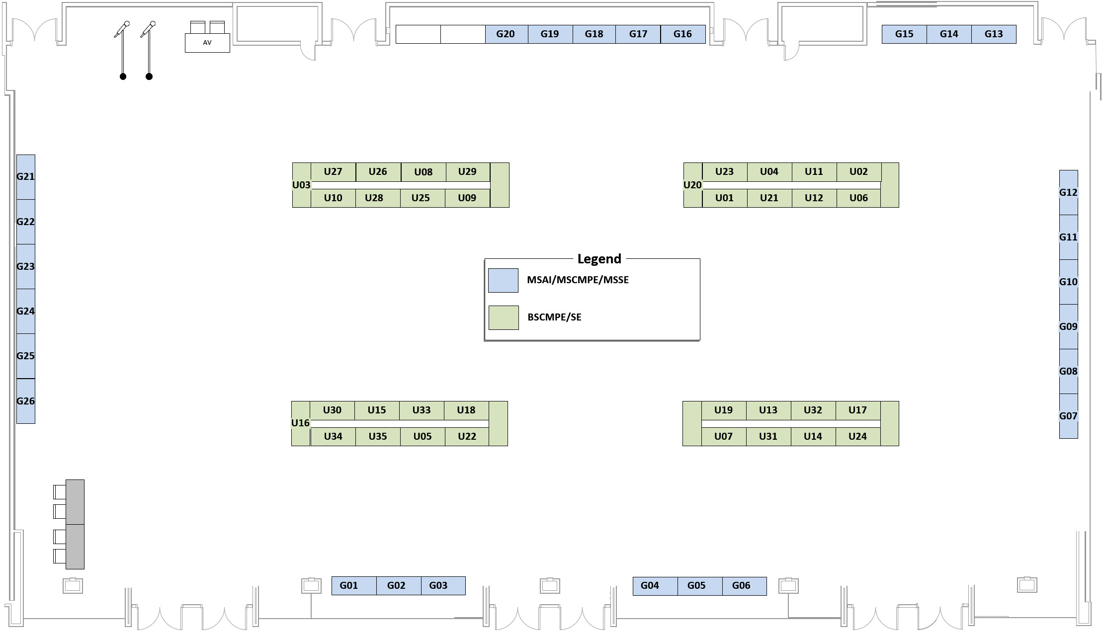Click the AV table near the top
click(x=207, y=43)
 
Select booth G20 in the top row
click(x=506, y=34)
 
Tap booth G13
click(x=994, y=34)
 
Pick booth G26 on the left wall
click(x=25, y=401)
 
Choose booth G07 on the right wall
click(x=1068, y=416)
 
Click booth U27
click(x=333, y=172)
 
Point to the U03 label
click(x=301, y=185)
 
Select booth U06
click(x=858, y=198)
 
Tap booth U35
click(x=378, y=437)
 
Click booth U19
click(x=723, y=410)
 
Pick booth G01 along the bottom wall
click(x=349, y=586)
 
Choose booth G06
click(x=741, y=586)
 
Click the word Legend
click(x=599, y=259)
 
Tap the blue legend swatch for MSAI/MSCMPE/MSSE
click(x=503, y=280)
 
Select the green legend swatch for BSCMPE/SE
click(x=503, y=317)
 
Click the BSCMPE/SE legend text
click(x=554, y=317)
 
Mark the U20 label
click(x=692, y=185)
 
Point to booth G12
click(x=1068, y=192)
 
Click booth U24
click(x=857, y=437)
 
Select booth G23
click(x=25, y=266)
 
